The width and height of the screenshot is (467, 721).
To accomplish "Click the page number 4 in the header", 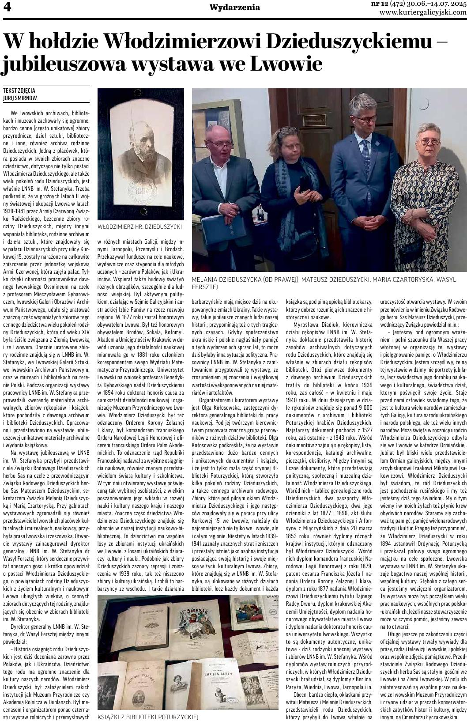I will [x=7, y=8].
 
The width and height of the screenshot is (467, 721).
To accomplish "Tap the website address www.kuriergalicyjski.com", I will [x=423, y=12].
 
